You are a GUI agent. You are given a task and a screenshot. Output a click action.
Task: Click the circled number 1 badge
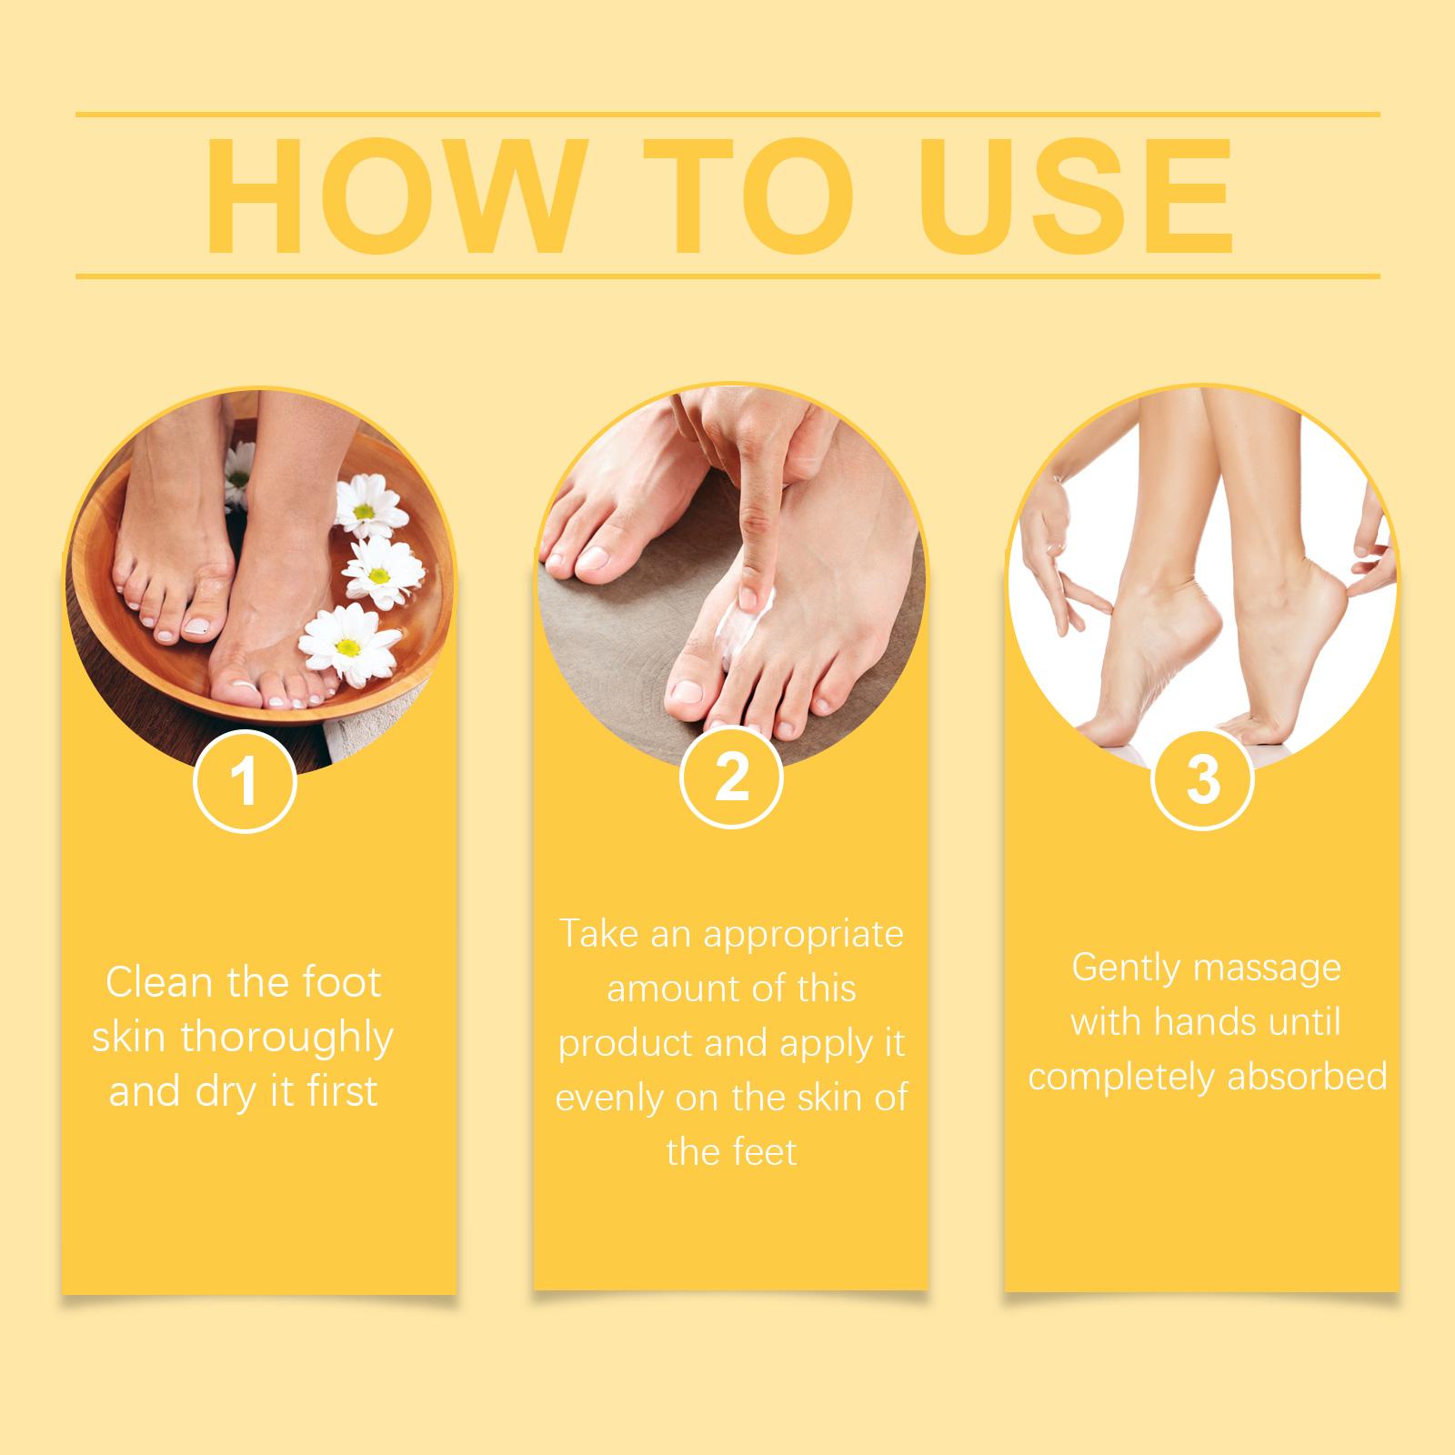(246, 783)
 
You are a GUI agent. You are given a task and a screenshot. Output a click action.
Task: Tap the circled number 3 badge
(1202, 779)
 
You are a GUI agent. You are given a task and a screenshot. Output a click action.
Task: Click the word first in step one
(342, 1091)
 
